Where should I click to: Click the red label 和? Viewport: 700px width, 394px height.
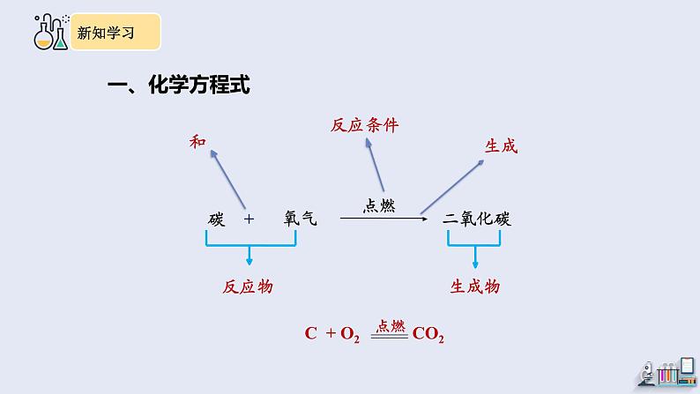[197, 142]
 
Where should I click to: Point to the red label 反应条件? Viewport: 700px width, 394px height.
[363, 125]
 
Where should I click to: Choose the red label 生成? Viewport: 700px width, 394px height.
[501, 146]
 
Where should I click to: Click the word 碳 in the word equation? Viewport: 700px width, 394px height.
[217, 218]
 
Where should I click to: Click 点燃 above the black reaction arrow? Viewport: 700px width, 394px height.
[379, 205]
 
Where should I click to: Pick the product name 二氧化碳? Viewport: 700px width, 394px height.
[477, 219]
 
